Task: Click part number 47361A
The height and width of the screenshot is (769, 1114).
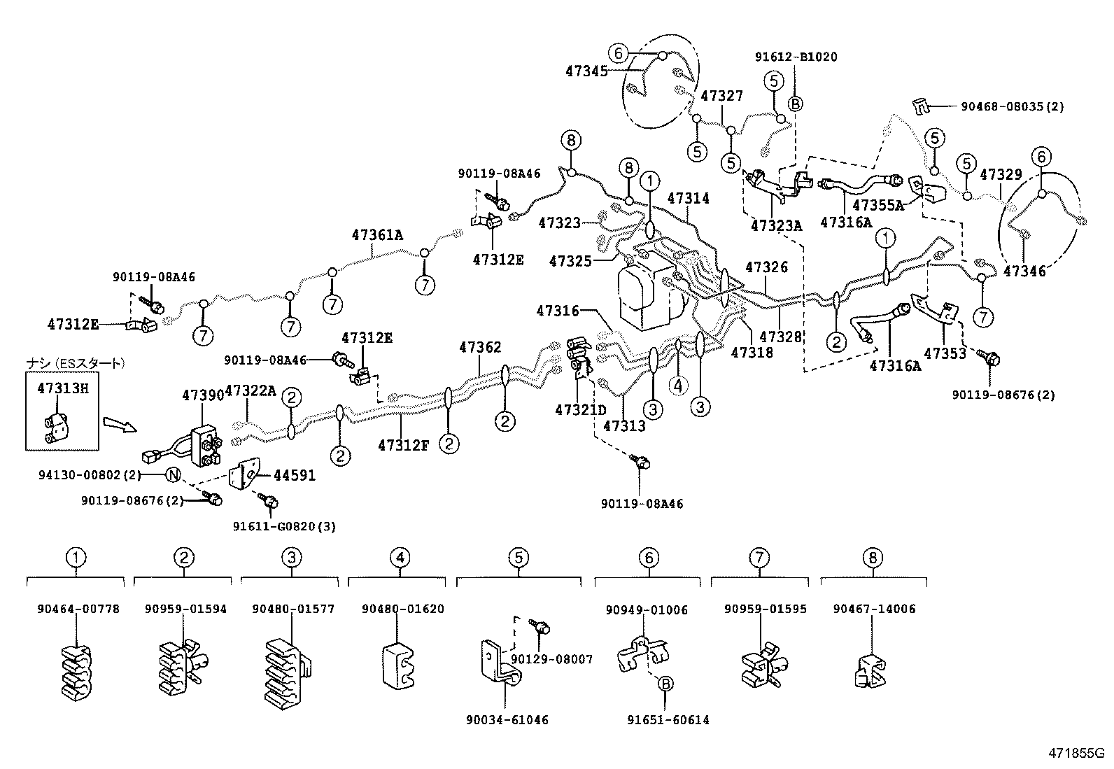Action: point(377,235)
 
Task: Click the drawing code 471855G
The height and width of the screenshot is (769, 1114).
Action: point(1075,754)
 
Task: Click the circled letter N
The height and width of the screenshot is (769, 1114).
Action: point(174,476)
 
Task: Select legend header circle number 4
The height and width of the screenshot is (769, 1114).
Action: point(399,558)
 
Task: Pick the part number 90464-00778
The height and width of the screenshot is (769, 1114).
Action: point(78,609)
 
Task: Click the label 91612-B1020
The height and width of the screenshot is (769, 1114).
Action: point(796,57)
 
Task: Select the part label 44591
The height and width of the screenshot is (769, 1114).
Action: point(294,476)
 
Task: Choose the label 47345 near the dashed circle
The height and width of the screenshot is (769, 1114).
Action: point(586,71)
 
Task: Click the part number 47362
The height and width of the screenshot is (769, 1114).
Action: point(480,348)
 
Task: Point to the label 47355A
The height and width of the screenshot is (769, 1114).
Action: point(878,205)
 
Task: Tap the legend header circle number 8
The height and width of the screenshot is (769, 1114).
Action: point(873,558)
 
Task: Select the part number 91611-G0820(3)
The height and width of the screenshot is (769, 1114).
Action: point(284,526)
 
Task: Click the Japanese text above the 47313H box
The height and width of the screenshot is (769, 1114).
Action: point(76,363)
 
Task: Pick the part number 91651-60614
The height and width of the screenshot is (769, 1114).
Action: point(668,720)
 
